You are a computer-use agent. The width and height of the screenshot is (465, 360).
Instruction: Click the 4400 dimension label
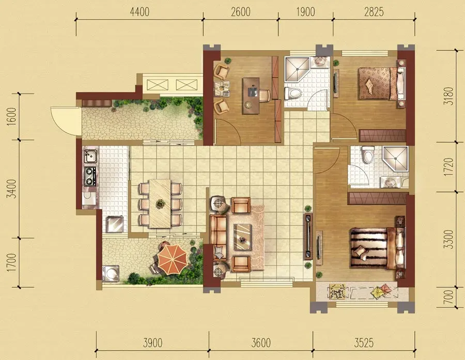139,12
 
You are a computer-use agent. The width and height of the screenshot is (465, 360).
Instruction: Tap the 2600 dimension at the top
240,12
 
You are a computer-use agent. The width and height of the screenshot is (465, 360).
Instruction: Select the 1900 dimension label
305,12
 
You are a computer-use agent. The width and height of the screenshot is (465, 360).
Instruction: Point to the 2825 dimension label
374,12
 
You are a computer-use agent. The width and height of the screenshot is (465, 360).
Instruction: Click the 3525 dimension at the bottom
364,343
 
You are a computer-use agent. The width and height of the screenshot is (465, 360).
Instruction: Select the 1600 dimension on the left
12,117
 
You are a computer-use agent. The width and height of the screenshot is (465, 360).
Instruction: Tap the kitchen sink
90,156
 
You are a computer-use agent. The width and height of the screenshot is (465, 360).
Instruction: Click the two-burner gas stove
90,176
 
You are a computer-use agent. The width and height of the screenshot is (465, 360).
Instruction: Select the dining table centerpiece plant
161,204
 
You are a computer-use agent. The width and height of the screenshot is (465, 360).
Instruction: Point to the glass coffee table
242,237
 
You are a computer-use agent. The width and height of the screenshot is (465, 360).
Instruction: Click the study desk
251,96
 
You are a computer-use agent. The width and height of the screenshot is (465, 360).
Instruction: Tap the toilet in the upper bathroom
293,93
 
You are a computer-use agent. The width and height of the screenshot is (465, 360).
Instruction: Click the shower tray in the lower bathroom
396,160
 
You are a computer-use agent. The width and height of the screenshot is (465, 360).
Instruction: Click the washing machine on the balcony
111,273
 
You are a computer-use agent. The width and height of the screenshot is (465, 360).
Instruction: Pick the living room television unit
308,237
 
